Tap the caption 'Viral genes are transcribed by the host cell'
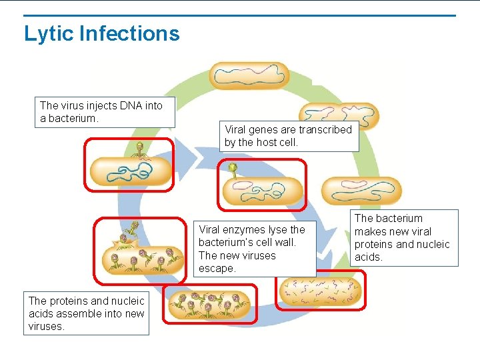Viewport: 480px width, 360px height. tap(288, 136)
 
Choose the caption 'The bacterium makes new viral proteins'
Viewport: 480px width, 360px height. tap(403, 237)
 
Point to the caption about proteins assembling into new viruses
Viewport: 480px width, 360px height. tap(86, 313)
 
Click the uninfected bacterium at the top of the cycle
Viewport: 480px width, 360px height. tap(249, 76)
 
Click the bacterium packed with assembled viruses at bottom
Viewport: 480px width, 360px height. tap(209, 305)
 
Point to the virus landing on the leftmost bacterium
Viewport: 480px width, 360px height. tap(140, 148)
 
